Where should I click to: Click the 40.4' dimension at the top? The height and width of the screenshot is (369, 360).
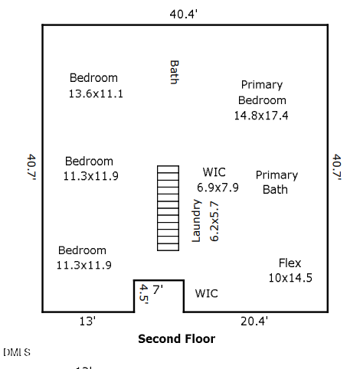click(184, 14)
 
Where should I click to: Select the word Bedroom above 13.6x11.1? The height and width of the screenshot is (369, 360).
click(93, 78)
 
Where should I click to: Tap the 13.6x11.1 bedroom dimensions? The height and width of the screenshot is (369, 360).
click(96, 93)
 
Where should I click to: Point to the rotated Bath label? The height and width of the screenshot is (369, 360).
click(175, 72)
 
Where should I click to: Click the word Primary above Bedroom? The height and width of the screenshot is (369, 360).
click(262, 85)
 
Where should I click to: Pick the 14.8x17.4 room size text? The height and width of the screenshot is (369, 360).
click(261, 116)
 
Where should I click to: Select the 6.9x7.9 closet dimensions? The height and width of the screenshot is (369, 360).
click(218, 188)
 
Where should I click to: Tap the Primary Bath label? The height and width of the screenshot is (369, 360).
click(277, 182)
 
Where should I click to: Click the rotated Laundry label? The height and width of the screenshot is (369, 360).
click(196, 220)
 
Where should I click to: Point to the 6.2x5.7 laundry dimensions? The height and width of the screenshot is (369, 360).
click(214, 221)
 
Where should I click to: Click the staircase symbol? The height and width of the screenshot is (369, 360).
click(168, 208)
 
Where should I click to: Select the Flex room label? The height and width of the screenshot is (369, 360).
click(290, 263)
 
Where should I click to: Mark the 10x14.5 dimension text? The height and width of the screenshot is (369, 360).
click(290, 278)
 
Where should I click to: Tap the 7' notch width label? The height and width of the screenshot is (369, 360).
click(158, 289)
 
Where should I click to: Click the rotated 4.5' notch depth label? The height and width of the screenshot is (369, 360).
click(144, 295)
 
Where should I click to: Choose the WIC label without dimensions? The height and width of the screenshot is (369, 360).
click(207, 293)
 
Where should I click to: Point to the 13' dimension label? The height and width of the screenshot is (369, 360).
click(87, 321)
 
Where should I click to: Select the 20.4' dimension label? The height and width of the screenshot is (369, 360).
click(254, 321)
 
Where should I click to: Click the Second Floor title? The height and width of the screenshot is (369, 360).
click(177, 339)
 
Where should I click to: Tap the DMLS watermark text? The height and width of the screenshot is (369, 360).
click(17, 352)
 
